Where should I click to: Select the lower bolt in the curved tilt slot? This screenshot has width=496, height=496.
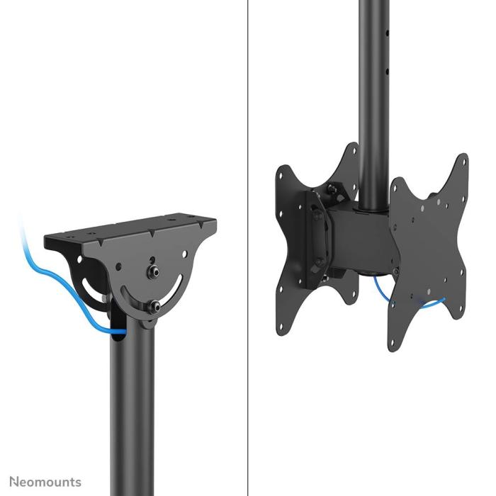click(154, 307)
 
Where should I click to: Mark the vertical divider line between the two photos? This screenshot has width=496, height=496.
click(248, 248)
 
